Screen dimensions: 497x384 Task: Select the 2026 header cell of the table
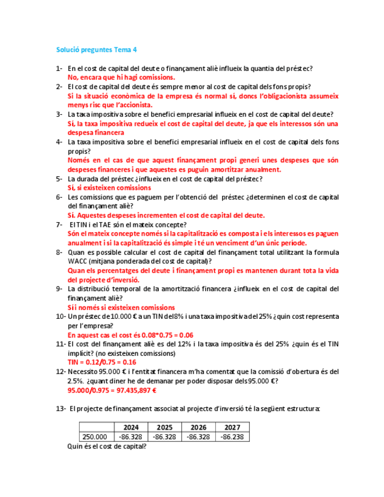(198, 427)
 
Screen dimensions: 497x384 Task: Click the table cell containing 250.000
(95, 437)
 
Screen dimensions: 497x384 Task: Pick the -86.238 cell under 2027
(233, 437)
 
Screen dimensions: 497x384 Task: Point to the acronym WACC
(79, 261)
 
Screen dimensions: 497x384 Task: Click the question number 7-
(59, 224)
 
